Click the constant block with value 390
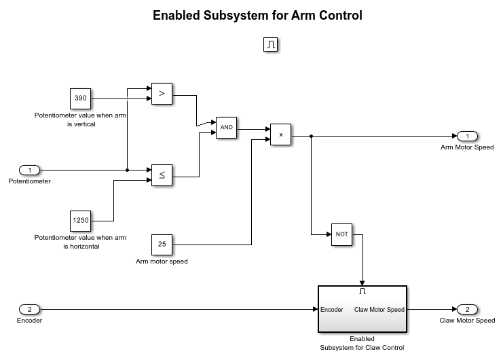80,98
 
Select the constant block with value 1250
80,221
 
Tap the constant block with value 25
162,243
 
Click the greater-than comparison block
162,94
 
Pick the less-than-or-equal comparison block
162,175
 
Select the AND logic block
225,128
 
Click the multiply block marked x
280,134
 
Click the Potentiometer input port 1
29,170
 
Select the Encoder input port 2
29,310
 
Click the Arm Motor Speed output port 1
467,136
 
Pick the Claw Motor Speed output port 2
467,310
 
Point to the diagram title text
257,15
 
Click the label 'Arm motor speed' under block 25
162,261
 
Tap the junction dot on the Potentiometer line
127,170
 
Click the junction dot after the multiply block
311,136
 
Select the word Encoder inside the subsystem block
332,310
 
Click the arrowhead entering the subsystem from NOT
362,282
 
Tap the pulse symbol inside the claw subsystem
362,291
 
